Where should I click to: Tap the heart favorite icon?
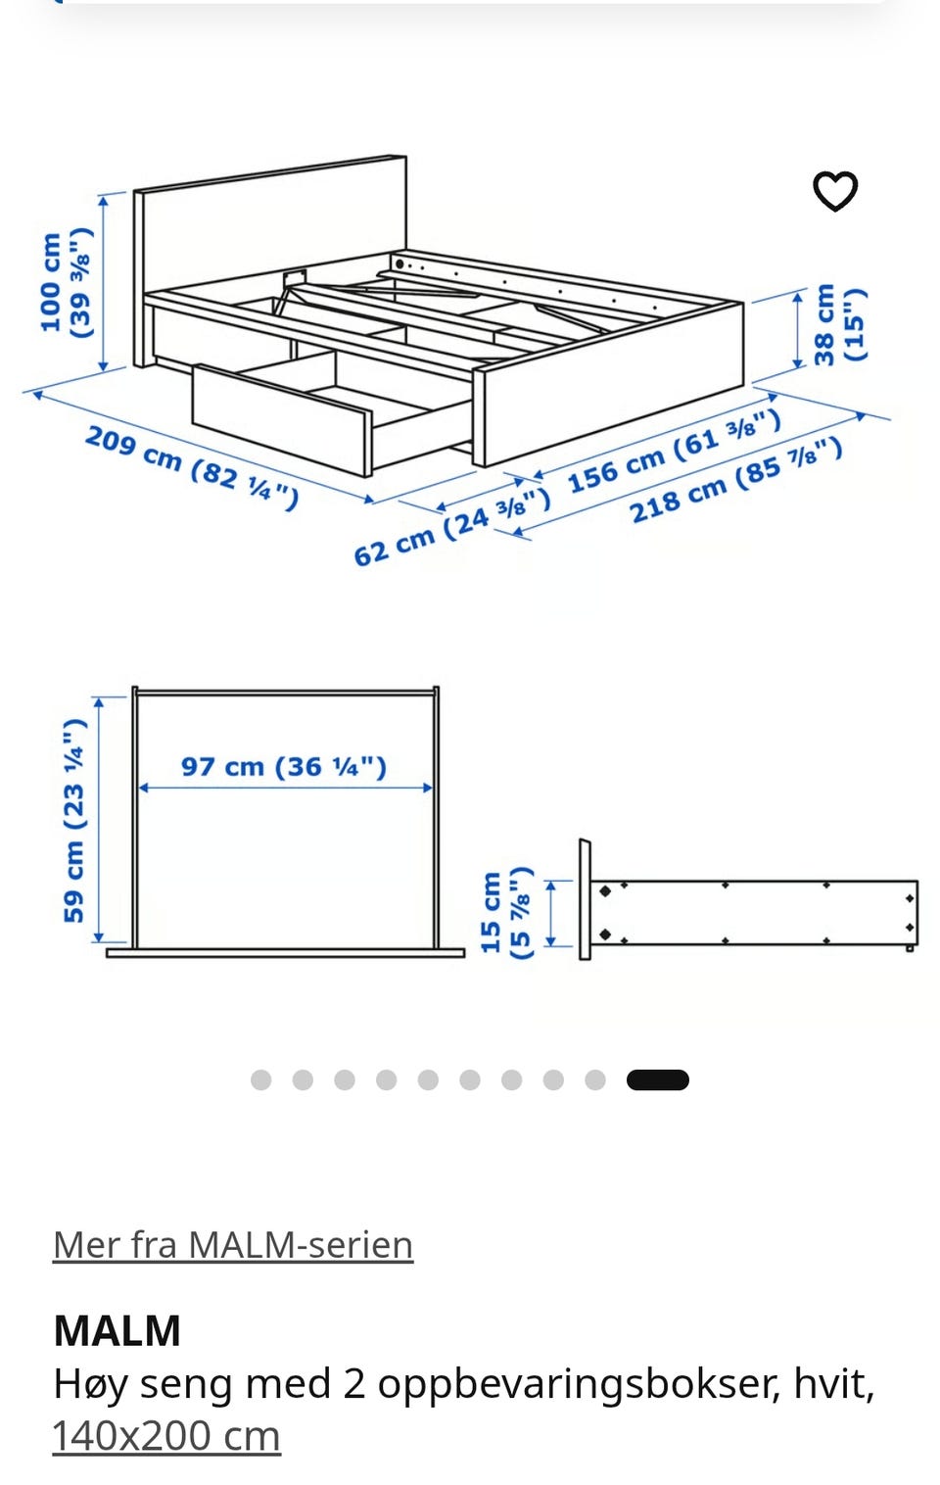pyautogui.click(x=835, y=191)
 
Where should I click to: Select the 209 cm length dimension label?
pyautogui.click(x=192, y=467)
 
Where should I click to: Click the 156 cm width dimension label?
pyautogui.click(x=675, y=453)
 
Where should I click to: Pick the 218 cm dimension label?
pyautogui.click(x=735, y=481)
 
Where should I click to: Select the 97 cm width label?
pyautogui.click(x=284, y=766)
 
